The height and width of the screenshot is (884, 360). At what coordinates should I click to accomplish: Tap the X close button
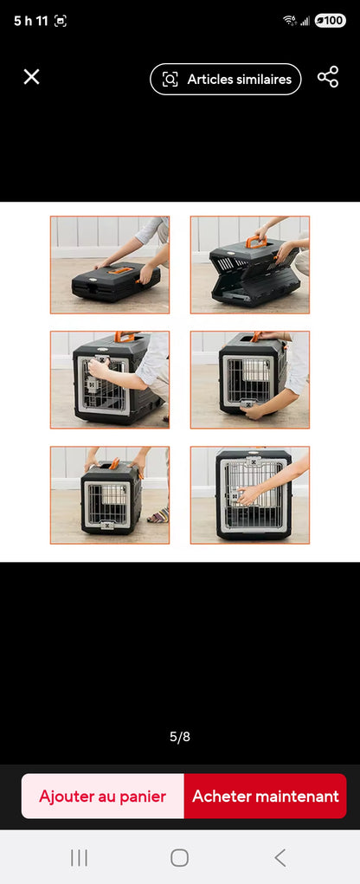coord(31,77)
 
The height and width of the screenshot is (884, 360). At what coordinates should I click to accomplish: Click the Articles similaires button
coord(226,79)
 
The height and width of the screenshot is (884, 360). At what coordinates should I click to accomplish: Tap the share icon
coord(328,77)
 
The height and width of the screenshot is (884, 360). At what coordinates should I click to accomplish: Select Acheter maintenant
coord(265,796)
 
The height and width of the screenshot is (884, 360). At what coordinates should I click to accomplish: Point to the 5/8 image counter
coord(180,737)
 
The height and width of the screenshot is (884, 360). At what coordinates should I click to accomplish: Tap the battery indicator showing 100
coord(330,21)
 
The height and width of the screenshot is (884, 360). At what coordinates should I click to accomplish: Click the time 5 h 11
coord(30,21)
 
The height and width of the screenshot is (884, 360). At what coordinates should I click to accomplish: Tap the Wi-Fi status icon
coord(289,21)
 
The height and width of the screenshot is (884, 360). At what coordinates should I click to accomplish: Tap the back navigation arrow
coord(280,857)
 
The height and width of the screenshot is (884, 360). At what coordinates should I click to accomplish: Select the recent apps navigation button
coord(79,857)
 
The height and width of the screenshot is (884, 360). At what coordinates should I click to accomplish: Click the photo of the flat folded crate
coord(110,265)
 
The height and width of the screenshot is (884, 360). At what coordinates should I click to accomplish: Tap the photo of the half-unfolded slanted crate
coord(250,265)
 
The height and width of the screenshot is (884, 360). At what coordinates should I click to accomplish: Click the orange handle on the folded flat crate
coord(121,271)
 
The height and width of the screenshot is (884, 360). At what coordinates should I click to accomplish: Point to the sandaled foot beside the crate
coord(159,516)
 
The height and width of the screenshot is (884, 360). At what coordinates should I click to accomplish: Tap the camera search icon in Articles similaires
coord(170,80)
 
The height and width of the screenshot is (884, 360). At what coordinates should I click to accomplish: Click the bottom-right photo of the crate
coord(250,494)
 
